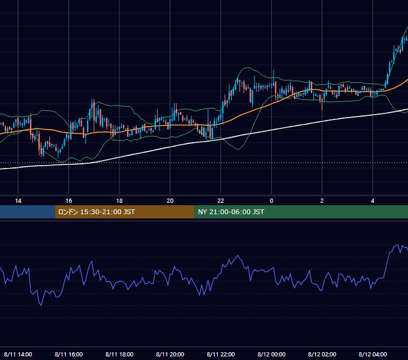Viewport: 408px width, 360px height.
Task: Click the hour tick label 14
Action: pyautogui.click(x=18, y=201)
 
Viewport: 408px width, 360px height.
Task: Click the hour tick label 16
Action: pyautogui.click(x=68, y=201)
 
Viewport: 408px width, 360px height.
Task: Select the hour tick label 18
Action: pyautogui.click(x=119, y=201)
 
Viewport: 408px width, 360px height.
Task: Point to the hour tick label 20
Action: pyautogui.click(x=170, y=201)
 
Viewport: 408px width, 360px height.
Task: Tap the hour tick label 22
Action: pyautogui.click(x=221, y=201)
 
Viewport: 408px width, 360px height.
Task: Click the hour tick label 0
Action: pyautogui.click(x=271, y=201)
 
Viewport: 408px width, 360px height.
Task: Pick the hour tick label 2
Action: pyautogui.click(x=322, y=201)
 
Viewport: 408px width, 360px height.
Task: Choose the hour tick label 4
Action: pyautogui.click(x=373, y=201)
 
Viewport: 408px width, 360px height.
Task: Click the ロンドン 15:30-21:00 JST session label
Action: pyautogui.click(x=96, y=212)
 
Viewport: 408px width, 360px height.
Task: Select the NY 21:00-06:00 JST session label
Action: pyautogui.click(x=231, y=212)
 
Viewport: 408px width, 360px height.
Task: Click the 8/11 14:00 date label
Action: pyautogui.click(x=18, y=354)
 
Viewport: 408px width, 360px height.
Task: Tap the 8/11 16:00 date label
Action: pyautogui.click(x=68, y=354)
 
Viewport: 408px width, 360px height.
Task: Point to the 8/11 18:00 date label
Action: pyautogui.click(x=119, y=354)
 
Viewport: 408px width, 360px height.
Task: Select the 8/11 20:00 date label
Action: pyautogui.click(x=170, y=354)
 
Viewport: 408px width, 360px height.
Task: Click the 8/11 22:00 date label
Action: pyautogui.click(x=221, y=354)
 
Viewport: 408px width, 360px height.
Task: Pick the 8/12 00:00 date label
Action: pyautogui.click(x=271, y=354)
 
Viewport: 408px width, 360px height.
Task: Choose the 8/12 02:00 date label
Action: pyautogui.click(x=322, y=354)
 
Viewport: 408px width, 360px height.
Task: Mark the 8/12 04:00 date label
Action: pyautogui.click(x=373, y=354)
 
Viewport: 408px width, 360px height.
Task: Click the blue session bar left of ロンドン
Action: pyautogui.click(x=28, y=212)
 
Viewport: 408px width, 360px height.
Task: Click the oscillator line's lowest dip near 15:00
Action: pyautogui.click(x=41, y=305)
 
